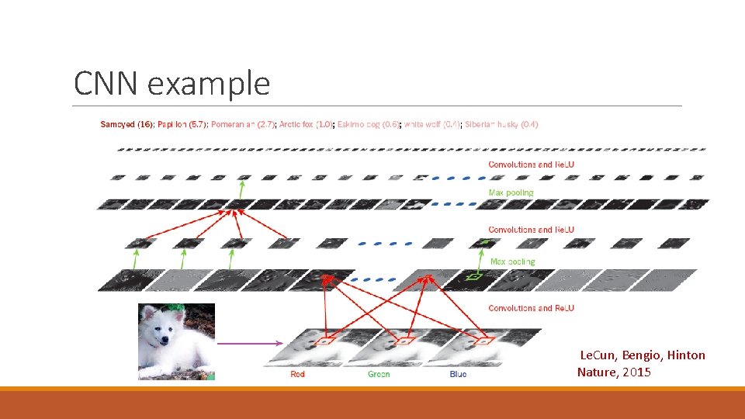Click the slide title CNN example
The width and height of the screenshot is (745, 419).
172,83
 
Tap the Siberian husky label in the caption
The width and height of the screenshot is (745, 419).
501,124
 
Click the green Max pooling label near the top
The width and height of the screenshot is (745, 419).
511,192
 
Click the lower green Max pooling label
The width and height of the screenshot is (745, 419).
512,262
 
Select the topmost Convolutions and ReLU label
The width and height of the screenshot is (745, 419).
532,164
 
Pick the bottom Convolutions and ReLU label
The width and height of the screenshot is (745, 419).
532,308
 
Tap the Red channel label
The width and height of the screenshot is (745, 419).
297,374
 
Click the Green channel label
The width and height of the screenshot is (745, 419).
378,374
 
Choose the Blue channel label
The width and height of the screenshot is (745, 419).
458,374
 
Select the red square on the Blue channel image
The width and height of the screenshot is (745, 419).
484,340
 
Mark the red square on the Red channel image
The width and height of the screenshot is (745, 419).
327,340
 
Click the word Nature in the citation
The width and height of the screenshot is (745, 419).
596,372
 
